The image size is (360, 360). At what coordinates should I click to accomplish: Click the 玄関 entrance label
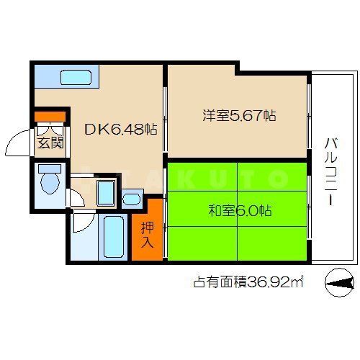50,141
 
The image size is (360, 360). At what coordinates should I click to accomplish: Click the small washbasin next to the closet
132,198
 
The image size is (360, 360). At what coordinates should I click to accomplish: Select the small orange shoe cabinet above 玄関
50,115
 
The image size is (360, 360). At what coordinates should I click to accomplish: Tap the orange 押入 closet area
147,230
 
